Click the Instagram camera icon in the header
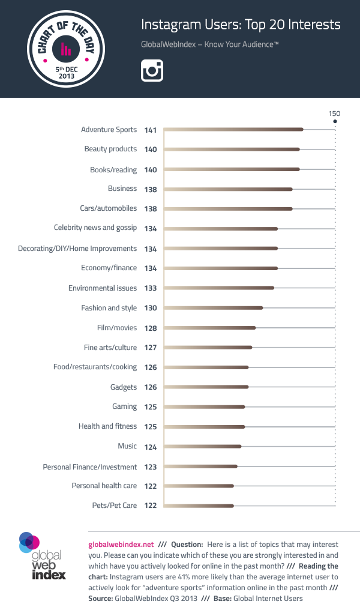[152, 71]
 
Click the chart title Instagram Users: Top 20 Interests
[241, 25]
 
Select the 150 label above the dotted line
[334, 113]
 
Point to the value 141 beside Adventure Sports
[150, 130]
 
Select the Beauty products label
[110, 149]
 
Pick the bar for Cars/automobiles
[227, 209]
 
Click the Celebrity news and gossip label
[95, 228]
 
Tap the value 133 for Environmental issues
[150, 288]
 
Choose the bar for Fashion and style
[213, 308]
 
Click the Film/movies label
[117, 328]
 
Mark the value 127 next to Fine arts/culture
[150, 348]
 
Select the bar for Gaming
[204, 407]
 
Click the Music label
[127, 446]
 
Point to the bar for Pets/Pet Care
[198, 506]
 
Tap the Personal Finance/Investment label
[90, 467]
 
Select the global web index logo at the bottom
[42, 555]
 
